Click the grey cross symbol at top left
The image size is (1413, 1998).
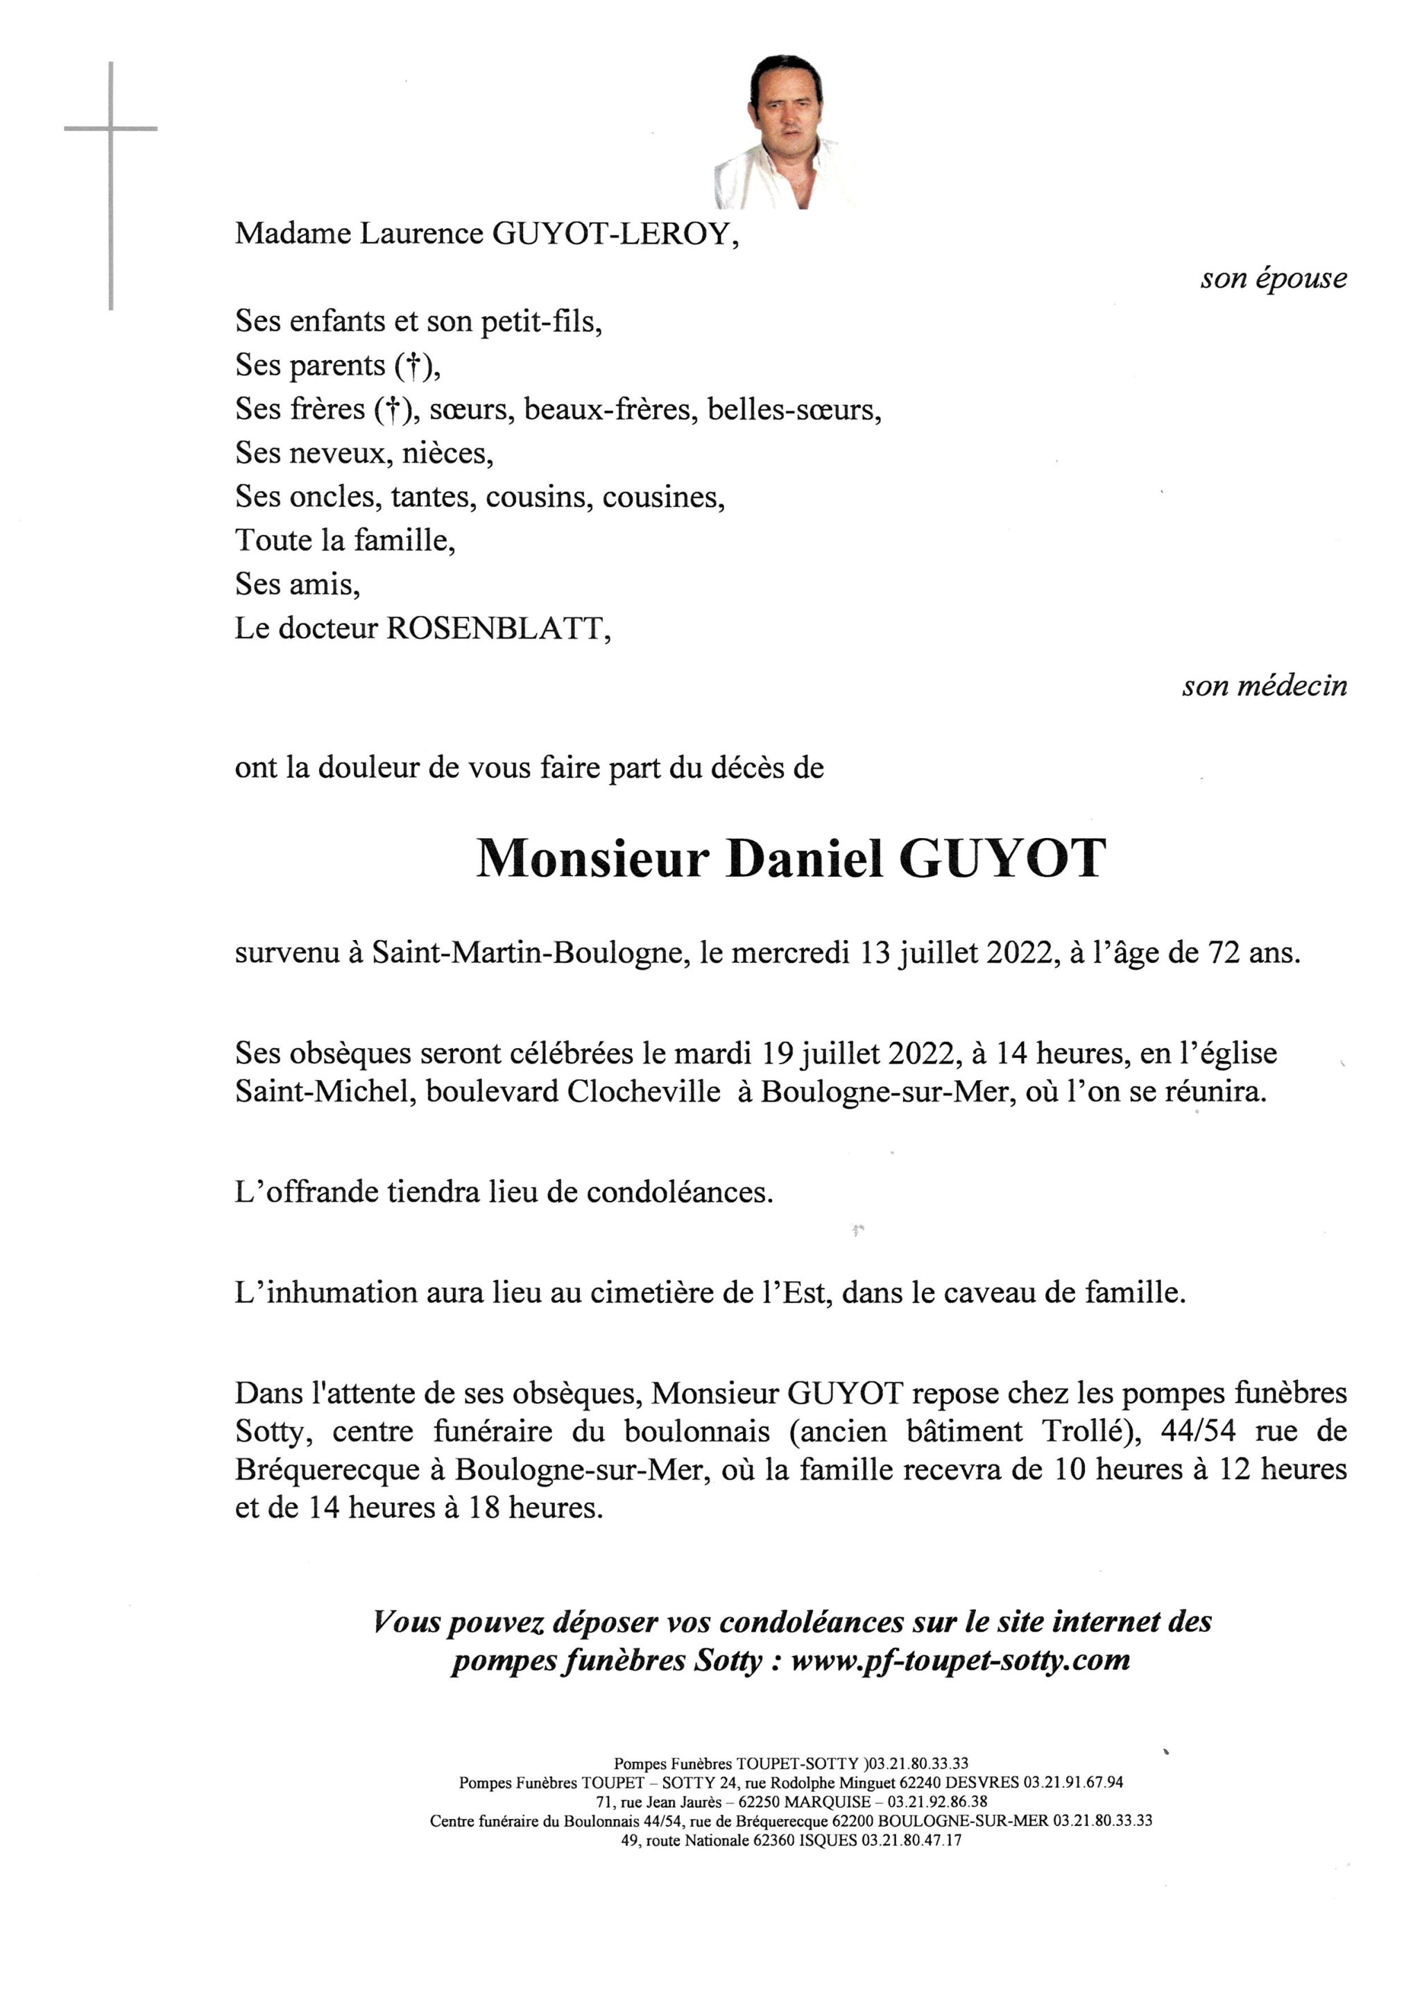pos(110,130)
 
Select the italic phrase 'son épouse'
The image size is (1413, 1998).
pos(1273,278)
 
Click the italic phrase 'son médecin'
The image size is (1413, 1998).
pos(1263,687)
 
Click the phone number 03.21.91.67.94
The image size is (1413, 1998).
pos(1073,1782)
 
